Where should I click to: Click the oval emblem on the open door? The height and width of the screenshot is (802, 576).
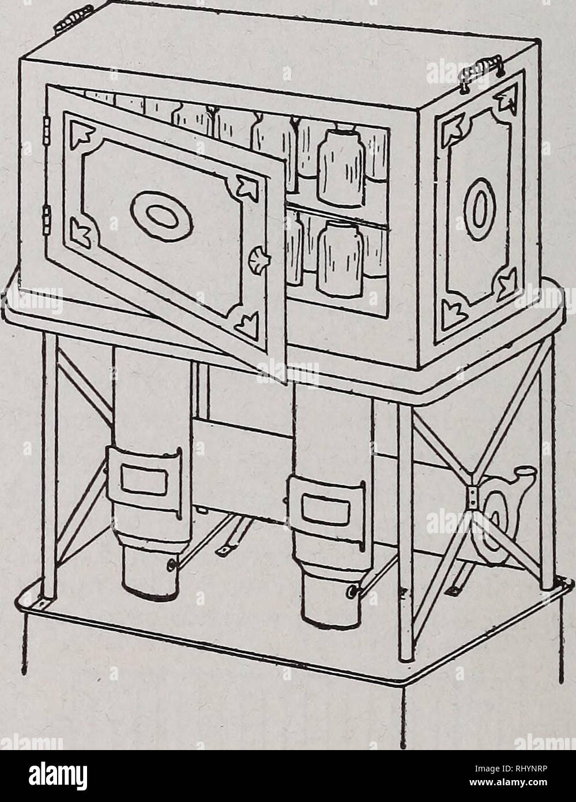[x=161, y=216]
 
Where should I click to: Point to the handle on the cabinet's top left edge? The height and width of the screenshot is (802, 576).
[x=74, y=19]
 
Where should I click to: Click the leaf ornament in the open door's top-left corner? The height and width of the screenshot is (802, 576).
[x=81, y=133]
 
